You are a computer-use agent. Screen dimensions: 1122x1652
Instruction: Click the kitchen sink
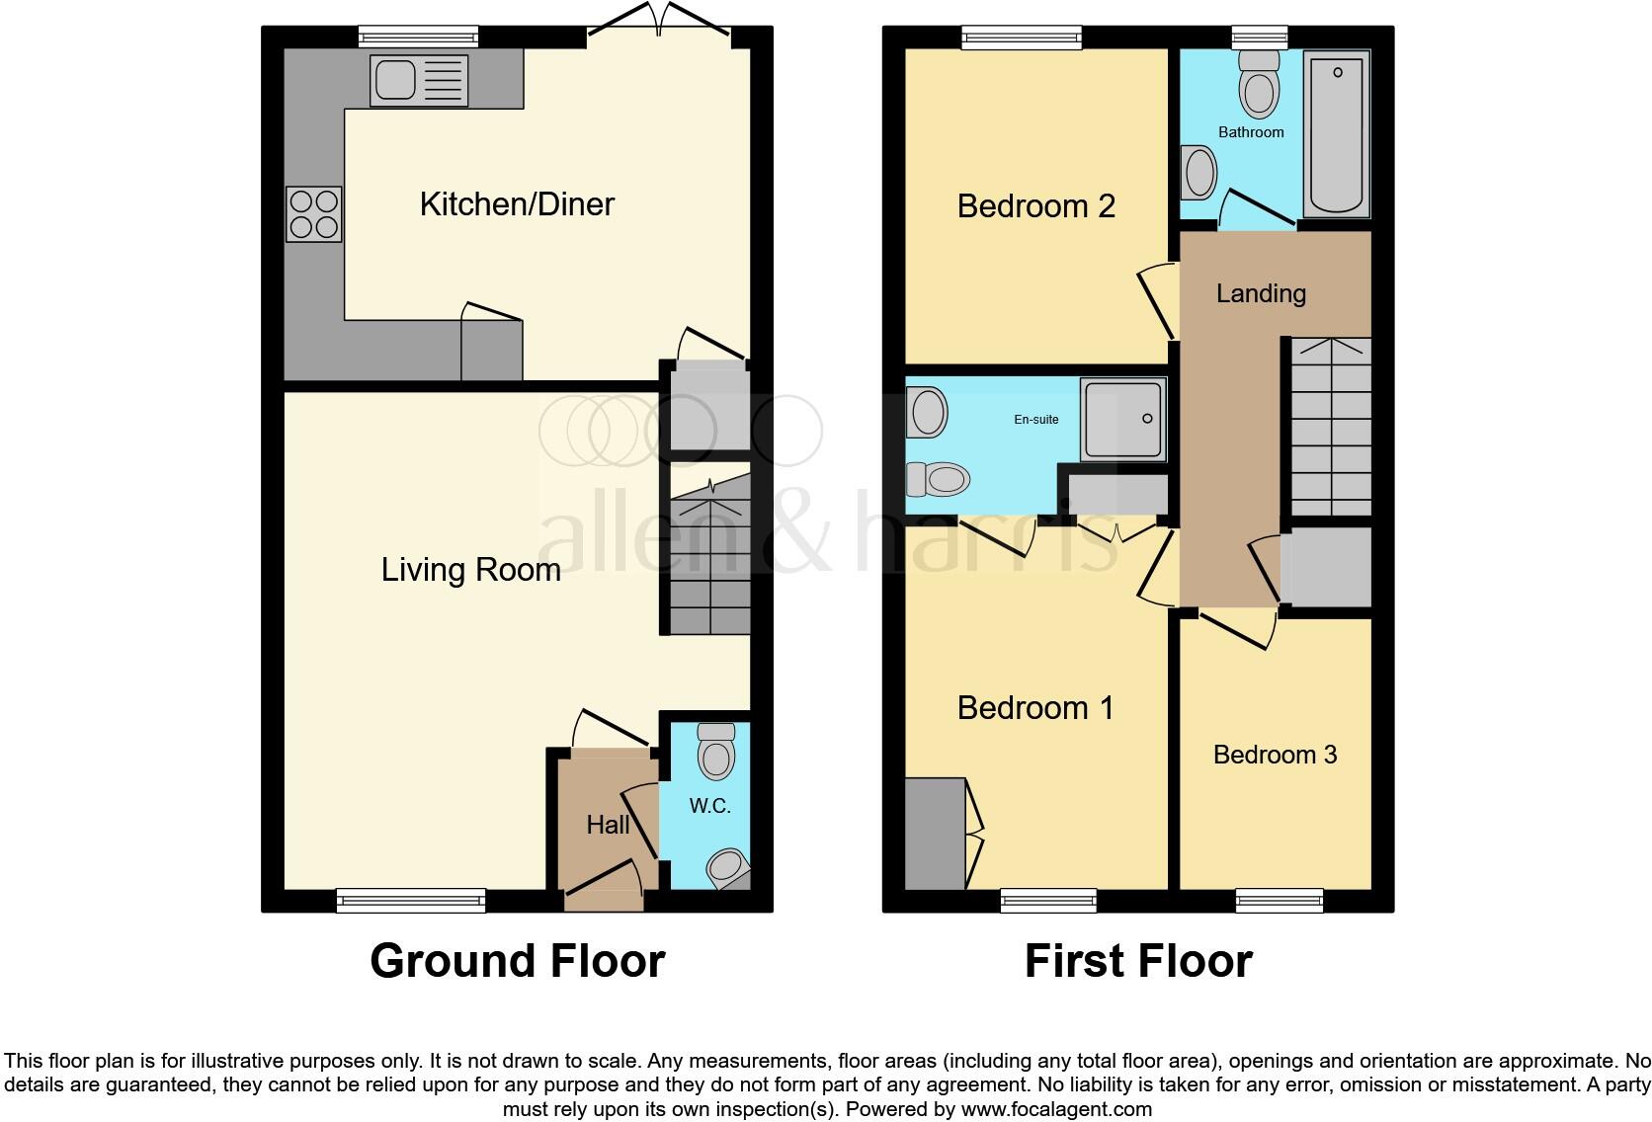(x=418, y=80)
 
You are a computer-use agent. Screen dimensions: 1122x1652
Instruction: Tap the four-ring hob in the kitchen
(x=314, y=214)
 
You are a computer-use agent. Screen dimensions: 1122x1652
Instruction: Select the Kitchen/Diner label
(x=517, y=204)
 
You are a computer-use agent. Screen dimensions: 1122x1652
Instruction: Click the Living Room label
(x=470, y=570)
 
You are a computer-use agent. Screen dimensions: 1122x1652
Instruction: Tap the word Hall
(x=608, y=825)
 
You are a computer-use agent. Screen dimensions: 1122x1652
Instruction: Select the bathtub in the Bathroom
(x=1336, y=134)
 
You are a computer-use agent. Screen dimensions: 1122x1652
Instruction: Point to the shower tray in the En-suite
(x=1122, y=420)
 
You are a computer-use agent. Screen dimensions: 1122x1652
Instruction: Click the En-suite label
(x=1035, y=420)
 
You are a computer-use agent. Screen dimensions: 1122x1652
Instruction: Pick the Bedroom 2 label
(x=1035, y=206)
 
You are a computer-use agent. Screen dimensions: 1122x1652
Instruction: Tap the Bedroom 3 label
(x=1275, y=755)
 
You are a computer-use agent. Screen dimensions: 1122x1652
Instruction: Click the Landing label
(x=1261, y=293)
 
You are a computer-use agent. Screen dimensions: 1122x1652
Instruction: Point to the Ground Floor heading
(x=517, y=961)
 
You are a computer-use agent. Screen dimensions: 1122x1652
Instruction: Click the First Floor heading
(x=1138, y=961)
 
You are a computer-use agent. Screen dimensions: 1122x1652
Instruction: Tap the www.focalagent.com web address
(x=1056, y=1109)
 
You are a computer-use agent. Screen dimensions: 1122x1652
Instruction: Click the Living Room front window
(x=411, y=900)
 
